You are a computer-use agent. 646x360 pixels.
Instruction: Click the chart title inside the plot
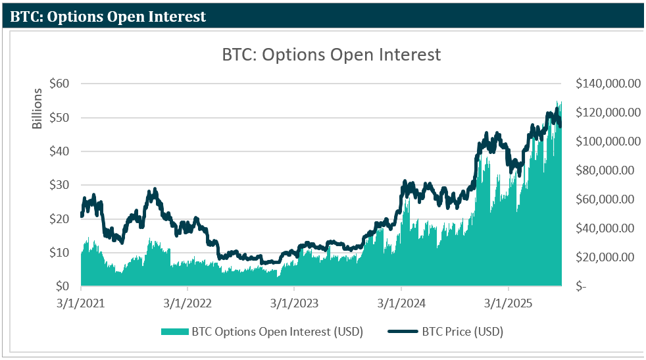click(331, 55)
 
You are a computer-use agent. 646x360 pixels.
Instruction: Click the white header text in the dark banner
click(108, 16)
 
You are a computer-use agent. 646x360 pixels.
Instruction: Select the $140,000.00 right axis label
click(608, 84)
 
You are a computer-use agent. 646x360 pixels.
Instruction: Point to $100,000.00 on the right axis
click(608, 141)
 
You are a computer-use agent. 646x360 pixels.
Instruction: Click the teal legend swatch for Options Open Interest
click(174, 331)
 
